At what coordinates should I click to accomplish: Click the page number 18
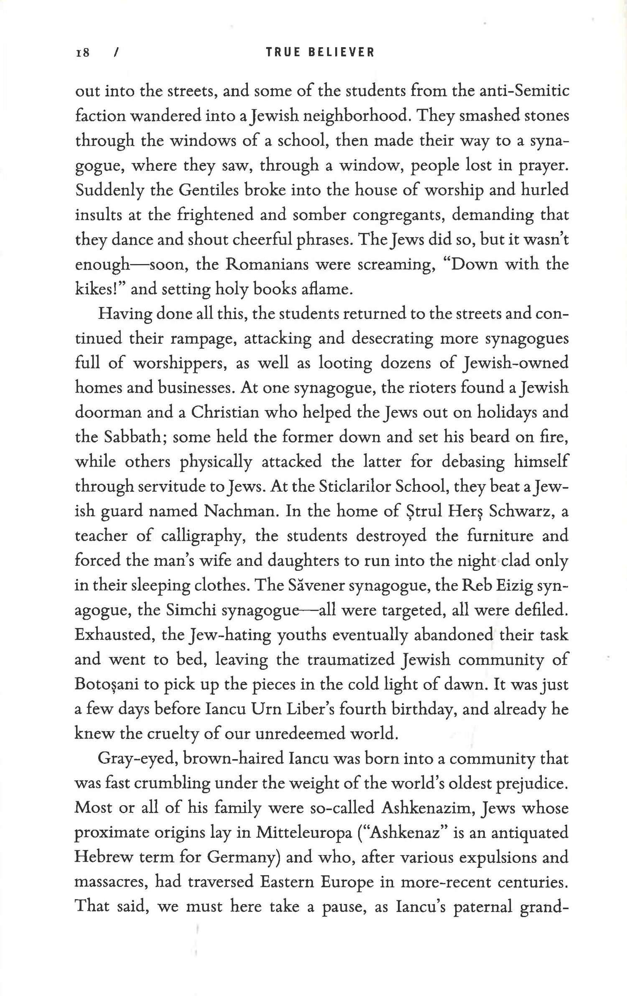point(82,53)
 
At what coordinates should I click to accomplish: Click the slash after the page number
point(117,53)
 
